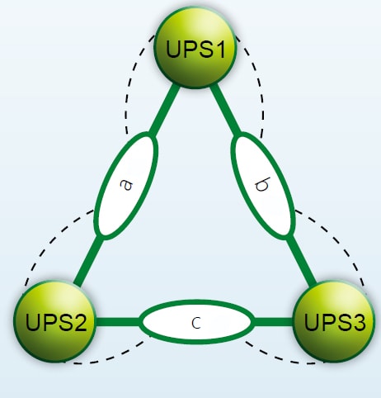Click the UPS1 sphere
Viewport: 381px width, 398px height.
(x=195, y=47)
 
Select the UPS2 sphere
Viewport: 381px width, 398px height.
(x=54, y=321)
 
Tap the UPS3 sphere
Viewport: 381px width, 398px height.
(x=335, y=321)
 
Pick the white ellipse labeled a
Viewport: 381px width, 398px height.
(x=125, y=186)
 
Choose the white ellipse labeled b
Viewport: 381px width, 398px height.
(x=263, y=186)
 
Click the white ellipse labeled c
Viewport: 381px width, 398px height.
(x=195, y=322)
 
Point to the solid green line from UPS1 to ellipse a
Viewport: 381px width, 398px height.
(x=163, y=111)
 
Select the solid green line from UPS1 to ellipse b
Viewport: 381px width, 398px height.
(x=226, y=111)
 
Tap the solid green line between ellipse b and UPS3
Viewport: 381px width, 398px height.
(x=301, y=261)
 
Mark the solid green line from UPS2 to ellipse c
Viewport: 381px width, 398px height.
(x=118, y=321)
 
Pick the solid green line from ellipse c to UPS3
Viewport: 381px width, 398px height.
(x=274, y=321)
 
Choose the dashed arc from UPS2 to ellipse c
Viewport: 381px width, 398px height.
(x=110, y=358)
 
